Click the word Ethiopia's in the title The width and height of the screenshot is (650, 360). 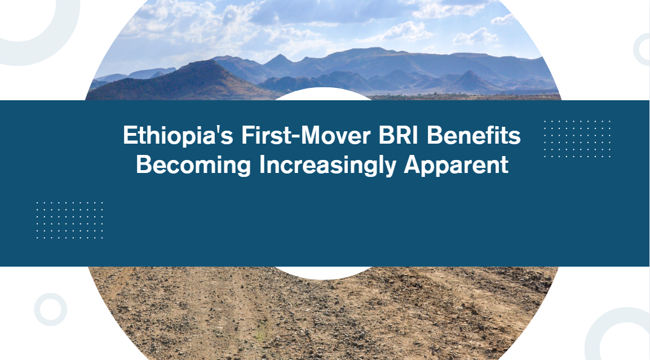[178, 136]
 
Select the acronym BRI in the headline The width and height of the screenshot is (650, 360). [399, 135]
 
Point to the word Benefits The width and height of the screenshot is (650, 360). [474, 135]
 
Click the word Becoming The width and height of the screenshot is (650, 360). [193, 165]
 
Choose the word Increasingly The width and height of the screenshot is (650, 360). [328, 165]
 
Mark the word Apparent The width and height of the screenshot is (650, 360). [456, 165]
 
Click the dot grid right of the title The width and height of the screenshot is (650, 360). [577, 139]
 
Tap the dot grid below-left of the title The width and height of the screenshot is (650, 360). [70, 220]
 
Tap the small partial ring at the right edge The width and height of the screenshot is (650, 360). [636, 50]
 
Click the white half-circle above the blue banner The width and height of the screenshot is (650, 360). [324, 94]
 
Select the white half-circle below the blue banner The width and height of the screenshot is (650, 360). [324, 273]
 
